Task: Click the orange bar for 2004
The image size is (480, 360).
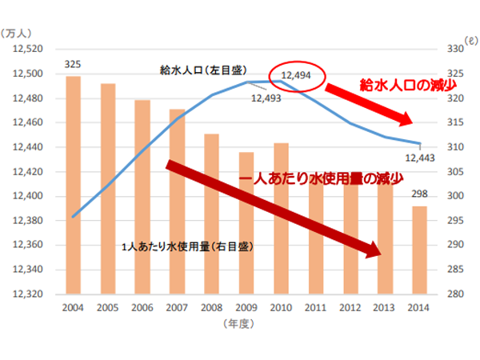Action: click(x=73, y=184)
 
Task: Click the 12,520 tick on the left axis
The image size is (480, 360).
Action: click(x=30, y=50)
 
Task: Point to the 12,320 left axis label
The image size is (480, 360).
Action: click(x=30, y=294)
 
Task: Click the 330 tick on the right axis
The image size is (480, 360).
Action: click(x=454, y=50)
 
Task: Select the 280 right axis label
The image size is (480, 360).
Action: click(x=454, y=294)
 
